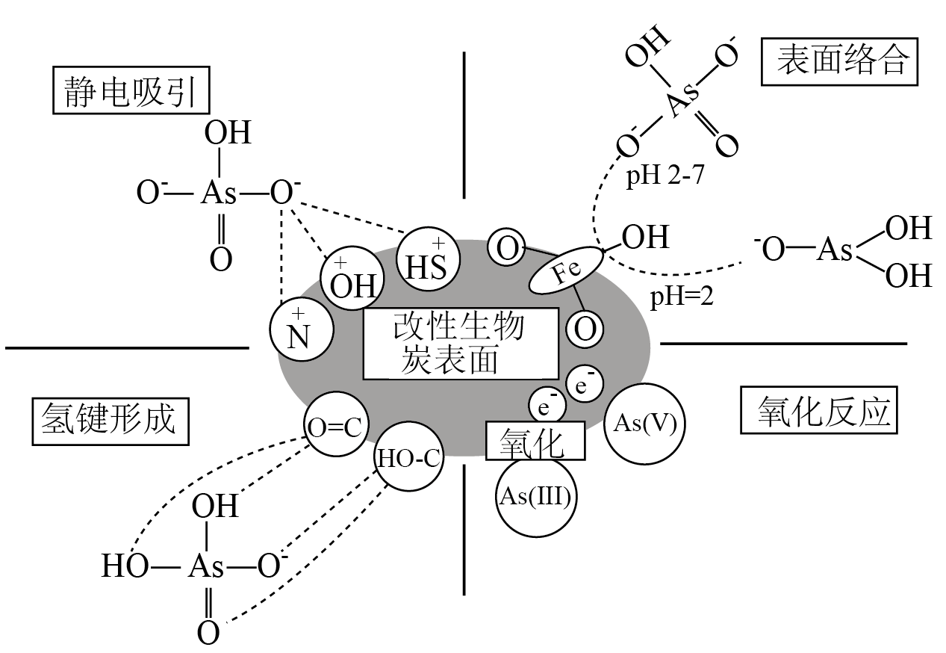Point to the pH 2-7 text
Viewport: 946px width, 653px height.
click(665, 175)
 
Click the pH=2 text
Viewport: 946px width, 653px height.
click(682, 297)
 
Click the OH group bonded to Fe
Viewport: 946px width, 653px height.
click(646, 237)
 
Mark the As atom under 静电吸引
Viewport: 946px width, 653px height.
click(219, 194)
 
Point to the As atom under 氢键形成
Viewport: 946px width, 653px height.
click(205, 566)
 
